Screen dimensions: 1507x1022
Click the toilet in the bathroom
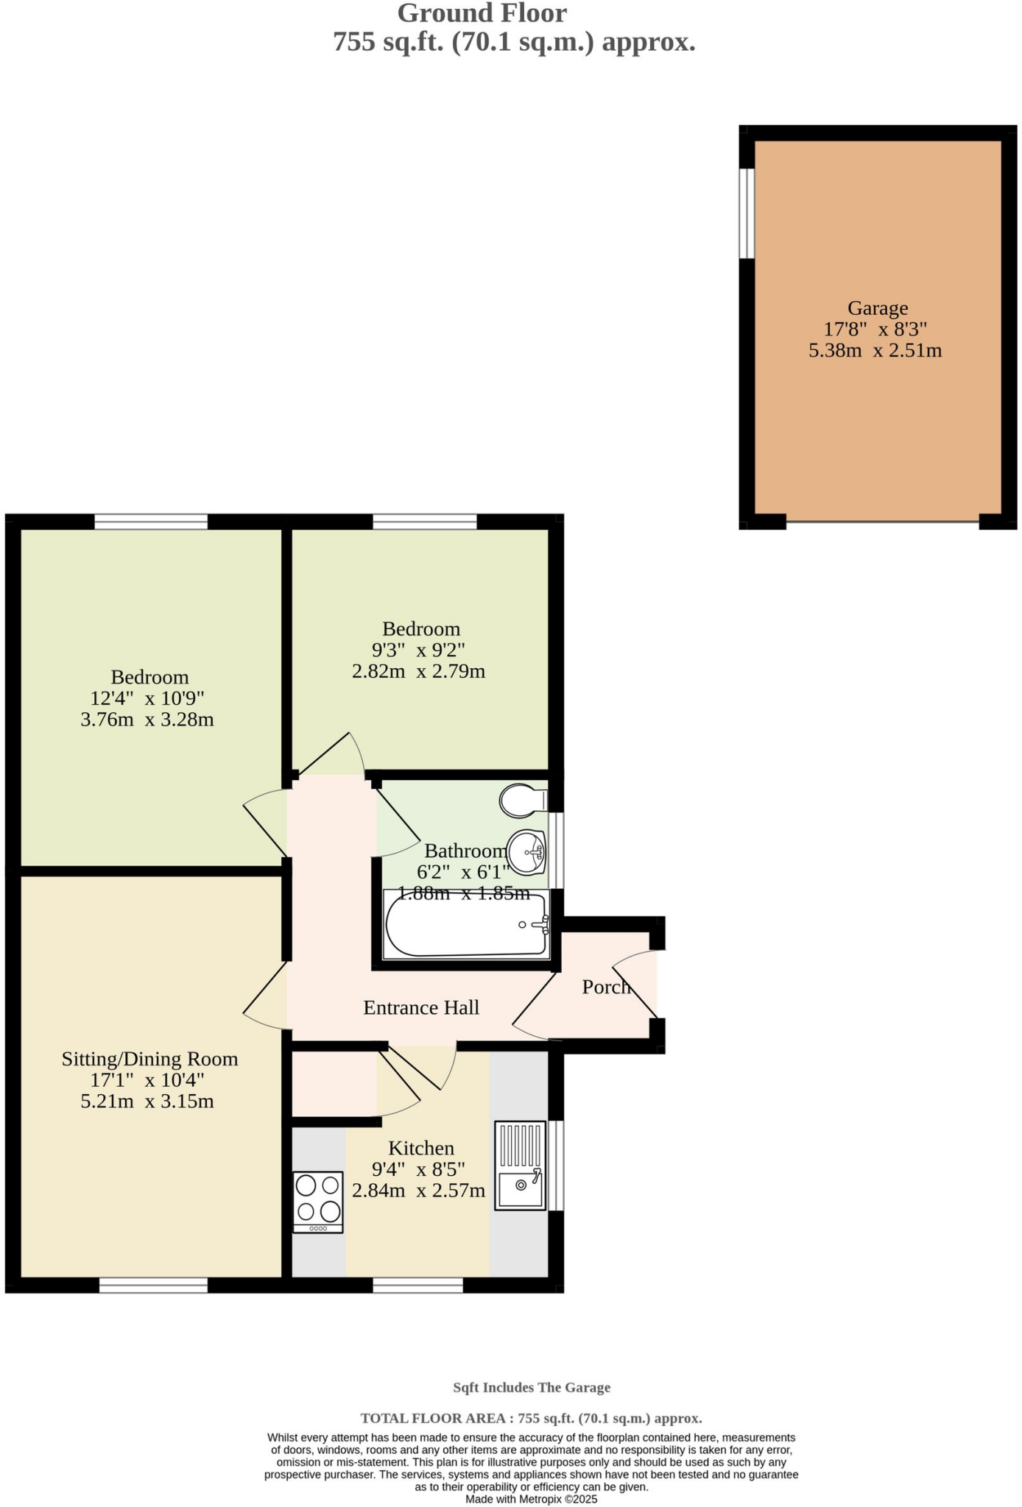tap(522, 801)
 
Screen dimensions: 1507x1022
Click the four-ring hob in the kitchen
tap(318, 1200)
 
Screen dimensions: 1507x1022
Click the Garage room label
tap(877, 308)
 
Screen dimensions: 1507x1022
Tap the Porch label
tap(606, 987)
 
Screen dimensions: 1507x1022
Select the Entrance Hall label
tap(421, 1007)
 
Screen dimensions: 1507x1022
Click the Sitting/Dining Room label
tap(149, 1059)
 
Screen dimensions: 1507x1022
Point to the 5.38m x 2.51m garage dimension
tap(875, 350)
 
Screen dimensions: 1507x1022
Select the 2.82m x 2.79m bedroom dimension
tap(418, 671)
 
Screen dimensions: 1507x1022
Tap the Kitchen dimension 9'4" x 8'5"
tap(418, 1169)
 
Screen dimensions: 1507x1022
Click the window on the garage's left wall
tap(747, 213)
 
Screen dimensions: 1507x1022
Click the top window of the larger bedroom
tap(151, 522)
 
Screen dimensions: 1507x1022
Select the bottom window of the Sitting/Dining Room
tap(153, 1285)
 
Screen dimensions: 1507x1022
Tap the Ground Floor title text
tap(482, 13)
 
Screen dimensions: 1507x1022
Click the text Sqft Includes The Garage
tap(531, 1387)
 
